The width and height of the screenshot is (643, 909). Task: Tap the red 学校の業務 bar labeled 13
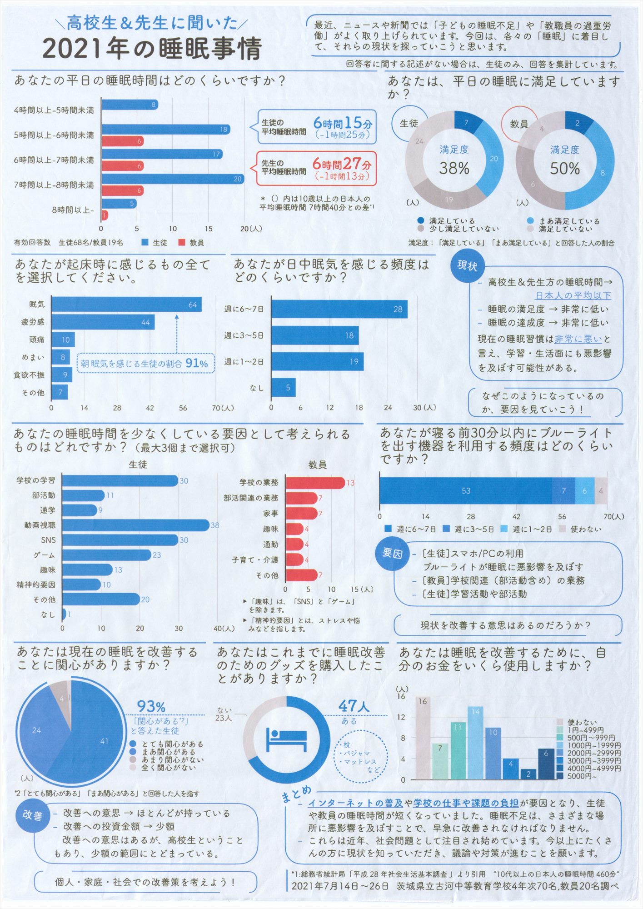(x=314, y=483)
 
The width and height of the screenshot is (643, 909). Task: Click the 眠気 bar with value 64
(x=126, y=305)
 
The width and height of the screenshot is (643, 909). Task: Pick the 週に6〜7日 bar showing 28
(x=339, y=310)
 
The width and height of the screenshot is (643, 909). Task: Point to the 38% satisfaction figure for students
(x=454, y=169)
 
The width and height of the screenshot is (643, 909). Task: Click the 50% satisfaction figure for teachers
(x=565, y=169)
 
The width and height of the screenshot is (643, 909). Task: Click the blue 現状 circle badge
(x=467, y=266)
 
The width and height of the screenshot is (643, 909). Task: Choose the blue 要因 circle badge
(x=392, y=553)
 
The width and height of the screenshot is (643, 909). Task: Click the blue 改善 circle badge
(x=33, y=815)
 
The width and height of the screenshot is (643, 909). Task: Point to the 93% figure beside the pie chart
(x=151, y=707)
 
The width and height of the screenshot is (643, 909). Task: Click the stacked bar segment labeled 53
(x=465, y=491)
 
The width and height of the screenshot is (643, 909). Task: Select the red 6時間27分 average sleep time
(x=342, y=164)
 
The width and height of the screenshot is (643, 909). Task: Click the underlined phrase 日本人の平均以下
(x=573, y=295)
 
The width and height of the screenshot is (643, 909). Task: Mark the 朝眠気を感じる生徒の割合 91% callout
(x=145, y=363)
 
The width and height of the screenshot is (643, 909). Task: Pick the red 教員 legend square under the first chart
(x=182, y=243)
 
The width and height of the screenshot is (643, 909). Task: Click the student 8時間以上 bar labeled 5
(x=119, y=203)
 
